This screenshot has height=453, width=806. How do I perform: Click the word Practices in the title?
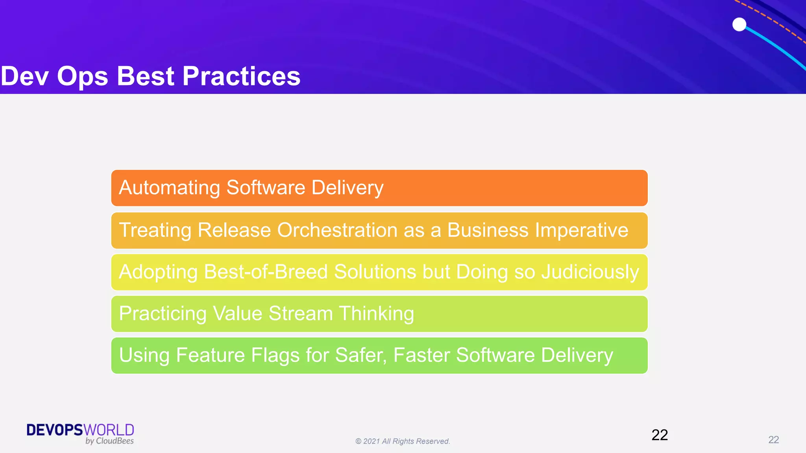click(241, 76)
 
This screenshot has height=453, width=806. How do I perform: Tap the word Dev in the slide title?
click(24, 76)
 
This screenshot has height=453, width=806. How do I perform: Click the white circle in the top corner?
click(739, 24)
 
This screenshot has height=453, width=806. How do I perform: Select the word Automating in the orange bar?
click(169, 188)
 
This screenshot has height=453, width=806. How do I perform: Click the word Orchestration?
click(337, 230)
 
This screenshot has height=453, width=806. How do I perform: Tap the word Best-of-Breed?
click(266, 272)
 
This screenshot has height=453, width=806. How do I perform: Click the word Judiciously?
click(590, 272)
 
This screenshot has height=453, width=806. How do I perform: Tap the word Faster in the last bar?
click(421, 355)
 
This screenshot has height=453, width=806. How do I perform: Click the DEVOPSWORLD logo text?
click(80, 430)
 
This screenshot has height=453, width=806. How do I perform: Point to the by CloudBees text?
click(109, 441)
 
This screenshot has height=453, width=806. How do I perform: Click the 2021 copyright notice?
click(403, 441)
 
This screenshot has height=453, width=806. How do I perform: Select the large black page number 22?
click(660, 435)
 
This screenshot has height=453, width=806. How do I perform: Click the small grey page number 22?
click(773, 440)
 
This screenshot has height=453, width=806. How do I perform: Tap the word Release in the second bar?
click(234, 230)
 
